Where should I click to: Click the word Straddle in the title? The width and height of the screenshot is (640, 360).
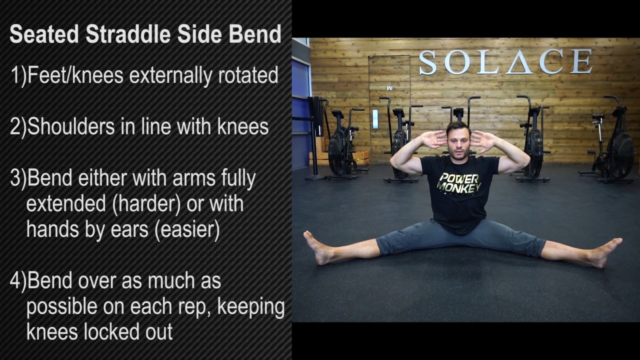128,34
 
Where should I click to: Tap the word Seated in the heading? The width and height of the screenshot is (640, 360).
44,34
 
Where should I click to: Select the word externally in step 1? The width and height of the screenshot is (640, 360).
171,75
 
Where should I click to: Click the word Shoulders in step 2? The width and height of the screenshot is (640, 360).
71,126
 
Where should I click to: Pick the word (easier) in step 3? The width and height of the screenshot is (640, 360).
187,229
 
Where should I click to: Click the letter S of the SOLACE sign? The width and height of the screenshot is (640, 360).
428,62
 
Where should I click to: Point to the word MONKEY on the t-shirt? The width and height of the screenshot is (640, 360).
458,187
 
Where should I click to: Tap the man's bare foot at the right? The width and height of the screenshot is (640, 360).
604,252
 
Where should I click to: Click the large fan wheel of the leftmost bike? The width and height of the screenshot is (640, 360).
339,151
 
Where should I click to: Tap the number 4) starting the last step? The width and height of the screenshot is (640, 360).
18,281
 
